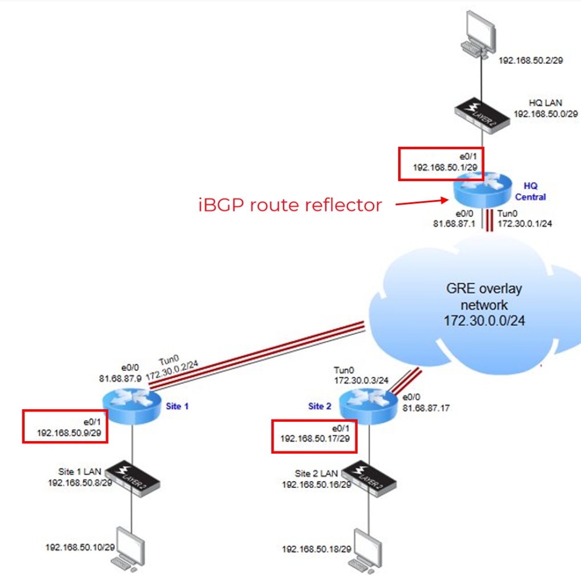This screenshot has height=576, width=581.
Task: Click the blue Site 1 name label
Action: click(177, 406)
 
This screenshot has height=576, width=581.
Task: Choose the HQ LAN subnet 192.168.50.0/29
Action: click(546, 114)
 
